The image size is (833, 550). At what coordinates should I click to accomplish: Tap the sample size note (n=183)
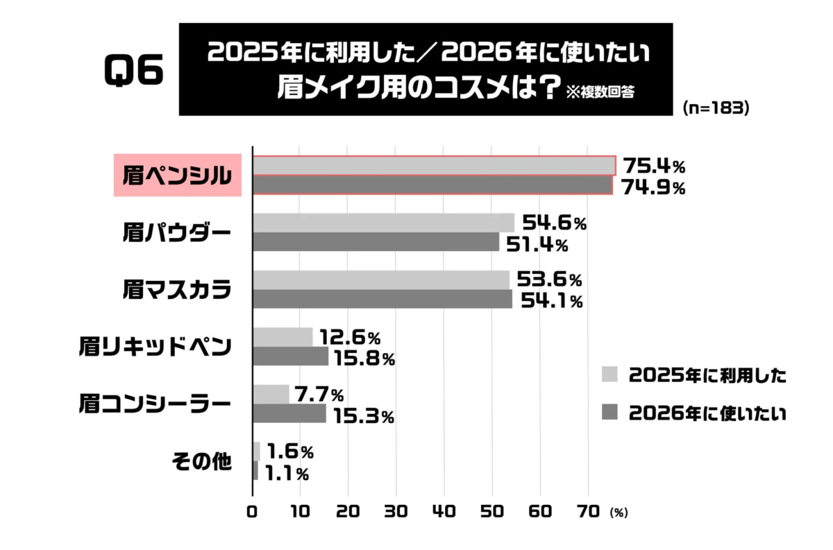pyautogui.click(x=715, y=108)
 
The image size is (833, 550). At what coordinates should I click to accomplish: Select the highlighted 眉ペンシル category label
pyautogui.click(x=177, y=175)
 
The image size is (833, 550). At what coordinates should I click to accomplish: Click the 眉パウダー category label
pyautogui.click(x=176, y=232)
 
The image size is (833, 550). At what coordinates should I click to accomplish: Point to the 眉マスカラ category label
pyautogui.click(x=176, y=289)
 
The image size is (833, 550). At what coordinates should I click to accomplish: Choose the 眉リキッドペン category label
pyautogui.click(x=155, y=347)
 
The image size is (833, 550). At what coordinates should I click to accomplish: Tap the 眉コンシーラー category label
pyautogui.click(x=154, y=404)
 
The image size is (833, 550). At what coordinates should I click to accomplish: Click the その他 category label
pyautogui.click(x=201, y=462)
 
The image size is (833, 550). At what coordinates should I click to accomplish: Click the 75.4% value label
pyautogui.click(x=653, y=166)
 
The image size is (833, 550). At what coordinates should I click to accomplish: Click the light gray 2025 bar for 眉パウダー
pyautogui.click(x=383, y=223)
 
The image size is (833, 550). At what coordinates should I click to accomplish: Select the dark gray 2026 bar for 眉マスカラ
pyautogui.click(x=382, y=299)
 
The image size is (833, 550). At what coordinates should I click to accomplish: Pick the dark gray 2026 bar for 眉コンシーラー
pyautogui.click(x=289, y=414)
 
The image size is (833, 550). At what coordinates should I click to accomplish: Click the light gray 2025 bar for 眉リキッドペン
pyautogui.click(x=282, y=337)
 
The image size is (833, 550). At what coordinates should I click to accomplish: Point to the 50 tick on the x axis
pyautogui.click(x=492, y=512)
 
